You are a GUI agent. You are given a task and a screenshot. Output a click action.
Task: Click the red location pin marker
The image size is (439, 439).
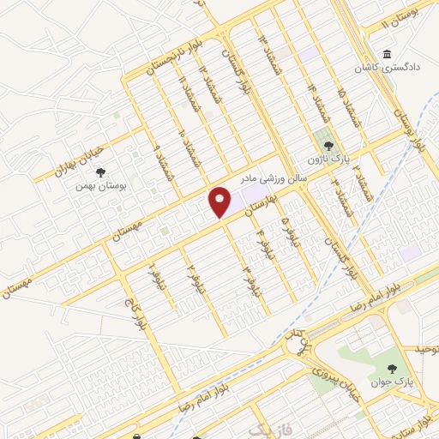(219, 202)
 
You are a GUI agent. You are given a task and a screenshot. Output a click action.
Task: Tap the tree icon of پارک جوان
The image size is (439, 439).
(391, 370)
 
